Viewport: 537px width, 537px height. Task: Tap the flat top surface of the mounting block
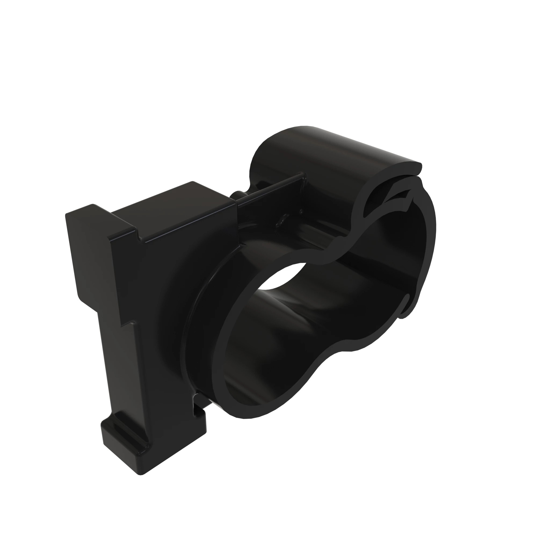click(x=172, y=211)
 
